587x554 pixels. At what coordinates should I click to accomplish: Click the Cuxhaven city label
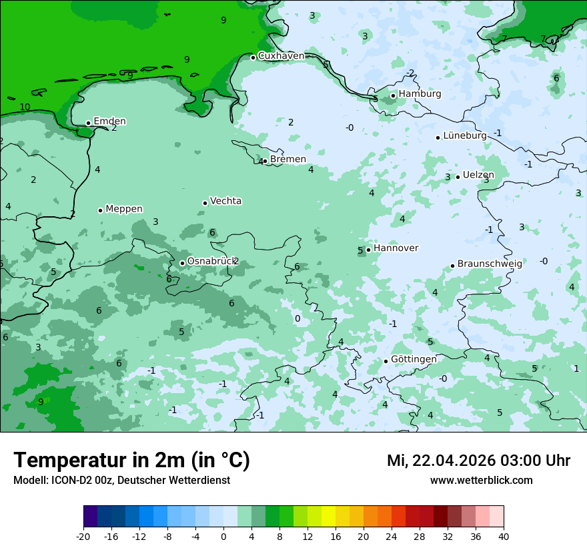pyautogui.click(x=281, y=56)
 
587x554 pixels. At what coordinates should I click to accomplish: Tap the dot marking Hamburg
pyautogui.click(x=394, y=95)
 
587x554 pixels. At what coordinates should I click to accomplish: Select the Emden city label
pyautogui.click(x=109, y=121)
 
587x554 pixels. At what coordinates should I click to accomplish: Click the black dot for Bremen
pyautogui.click(x=265, y=161)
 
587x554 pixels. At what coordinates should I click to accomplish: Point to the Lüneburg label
pyautogui.click(x=465, y=135)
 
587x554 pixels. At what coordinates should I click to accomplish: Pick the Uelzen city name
pyautogui.click(x=478, y=175)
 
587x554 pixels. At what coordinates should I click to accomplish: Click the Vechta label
pyautogui.click(x=225, y=201)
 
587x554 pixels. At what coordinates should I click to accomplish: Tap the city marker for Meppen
pyautogui.click(x=100, y=210)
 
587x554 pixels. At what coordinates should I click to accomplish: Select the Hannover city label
pyautogui.click(x=396, y=248)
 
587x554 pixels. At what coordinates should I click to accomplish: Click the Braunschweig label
pyautogui.click(x=490, y=264)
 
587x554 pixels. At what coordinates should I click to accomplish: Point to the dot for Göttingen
pyautogui.click(x=386, y=361)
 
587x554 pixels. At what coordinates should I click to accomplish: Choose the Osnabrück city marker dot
pyautogui.click(x=182, y=263)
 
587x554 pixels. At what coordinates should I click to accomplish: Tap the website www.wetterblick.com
pyautogui.click(x=481, y=481)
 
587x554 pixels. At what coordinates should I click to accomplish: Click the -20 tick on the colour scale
pyautogui.click(x=83, y=536)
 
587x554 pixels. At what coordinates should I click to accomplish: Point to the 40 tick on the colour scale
pyautogui.click(x=504, y=536)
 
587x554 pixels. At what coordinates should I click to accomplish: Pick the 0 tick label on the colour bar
pyautogui.click(x=223, y=536)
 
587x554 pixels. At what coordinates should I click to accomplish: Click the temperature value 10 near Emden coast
pyautogui.click(x=25, y=107)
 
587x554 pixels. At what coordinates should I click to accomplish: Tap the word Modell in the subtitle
pyautogui.click(x=29, y=481)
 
